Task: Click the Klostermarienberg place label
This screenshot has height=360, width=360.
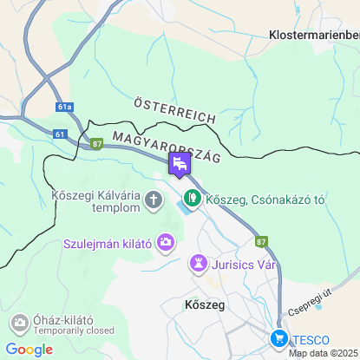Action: [x=314, y=35]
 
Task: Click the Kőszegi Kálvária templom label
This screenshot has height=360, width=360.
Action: [x=95, y=201]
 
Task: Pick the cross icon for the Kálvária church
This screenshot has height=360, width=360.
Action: [x=154, y=202]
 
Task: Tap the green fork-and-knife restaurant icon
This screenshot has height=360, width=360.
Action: [x=192, y=200]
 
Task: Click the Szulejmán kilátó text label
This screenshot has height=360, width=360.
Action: [x=108, y=243]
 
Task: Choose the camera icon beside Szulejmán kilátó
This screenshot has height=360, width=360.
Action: [x=165, y=243]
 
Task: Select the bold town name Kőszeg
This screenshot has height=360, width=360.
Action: [x=205, y=305]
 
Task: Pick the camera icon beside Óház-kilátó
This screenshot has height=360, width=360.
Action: [x=19, y=324]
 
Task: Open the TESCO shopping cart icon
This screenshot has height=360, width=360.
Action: [x=278, y=338]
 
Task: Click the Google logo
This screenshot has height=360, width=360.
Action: [x=29, y=350]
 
